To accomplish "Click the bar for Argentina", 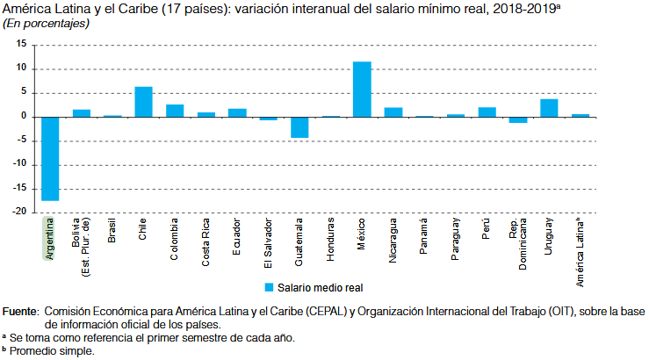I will [x=50, y=159].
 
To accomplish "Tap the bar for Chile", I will [x=143, y=102].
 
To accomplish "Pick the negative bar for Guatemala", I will [x=299, y=127].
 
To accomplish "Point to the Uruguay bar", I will [x=549, y=108].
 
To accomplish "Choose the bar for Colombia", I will [x=175, y=111].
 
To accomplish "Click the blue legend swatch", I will [x=270, y=286].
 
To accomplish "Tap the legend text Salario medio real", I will [x=321, y=286].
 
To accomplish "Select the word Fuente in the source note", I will [x=20, y=312].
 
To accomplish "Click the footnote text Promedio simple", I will [x=52, y=349].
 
